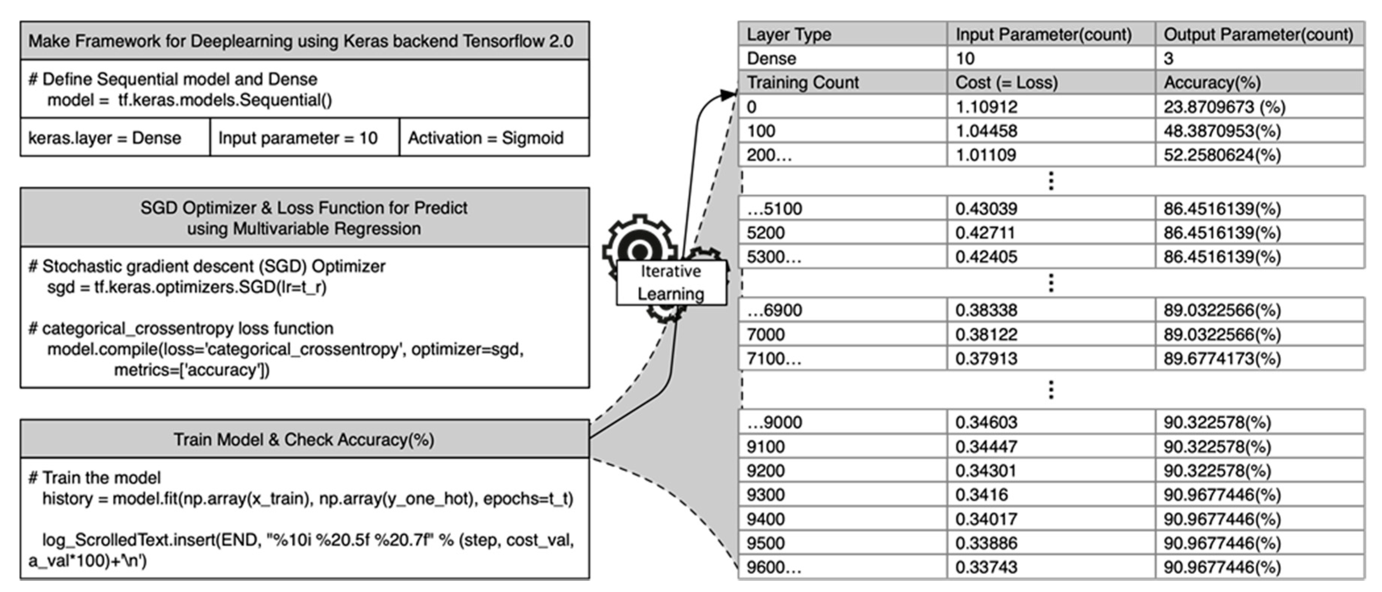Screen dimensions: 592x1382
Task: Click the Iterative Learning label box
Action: [671, 283]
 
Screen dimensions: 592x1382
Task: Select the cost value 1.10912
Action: [986, 107]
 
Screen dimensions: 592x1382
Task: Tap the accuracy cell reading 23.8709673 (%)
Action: [1224, 107]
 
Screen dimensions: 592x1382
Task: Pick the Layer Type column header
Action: [789, 35]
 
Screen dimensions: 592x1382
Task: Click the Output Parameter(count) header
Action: [1258, 35]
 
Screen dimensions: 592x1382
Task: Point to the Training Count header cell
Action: [803, 82]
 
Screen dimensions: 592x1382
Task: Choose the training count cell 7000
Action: [766, 334]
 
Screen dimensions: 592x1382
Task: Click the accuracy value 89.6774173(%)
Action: [1222, 358]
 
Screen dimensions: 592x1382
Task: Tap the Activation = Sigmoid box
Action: [486, 138]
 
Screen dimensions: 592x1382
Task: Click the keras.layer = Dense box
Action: [105, 138]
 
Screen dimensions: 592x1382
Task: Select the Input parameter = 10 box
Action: [298, 138]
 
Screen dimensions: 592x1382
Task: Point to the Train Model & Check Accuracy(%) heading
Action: [304, 439]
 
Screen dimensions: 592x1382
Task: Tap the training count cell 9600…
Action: [773, 567]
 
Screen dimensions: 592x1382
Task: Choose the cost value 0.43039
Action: [986, 209]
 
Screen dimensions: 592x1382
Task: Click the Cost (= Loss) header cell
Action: [1007, 82]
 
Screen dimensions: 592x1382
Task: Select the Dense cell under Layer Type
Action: [772, 58]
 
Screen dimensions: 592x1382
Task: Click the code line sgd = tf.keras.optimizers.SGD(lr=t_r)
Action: [187, 288]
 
